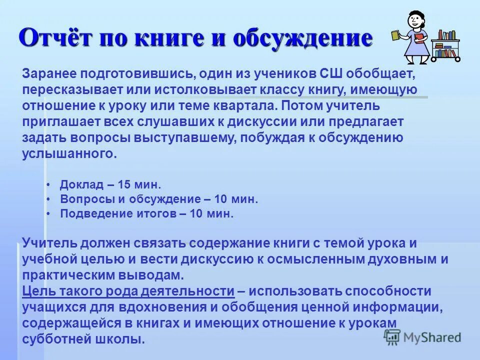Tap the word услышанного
(x=69, y=154)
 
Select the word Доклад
(x=81, y=185)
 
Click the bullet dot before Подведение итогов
(x=48, y=214)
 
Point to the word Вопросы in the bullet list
(x=84, y=199)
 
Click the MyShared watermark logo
(x=423, y=336)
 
